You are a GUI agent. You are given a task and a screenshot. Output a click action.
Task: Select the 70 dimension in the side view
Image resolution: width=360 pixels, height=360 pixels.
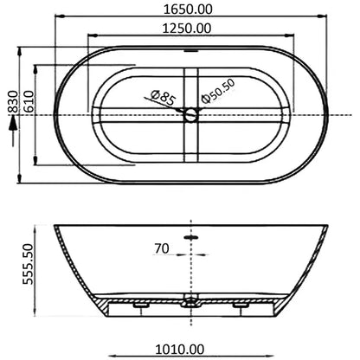(x=161, y=248)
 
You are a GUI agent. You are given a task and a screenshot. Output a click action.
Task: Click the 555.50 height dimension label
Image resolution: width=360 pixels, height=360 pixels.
(x=28, y=264)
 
